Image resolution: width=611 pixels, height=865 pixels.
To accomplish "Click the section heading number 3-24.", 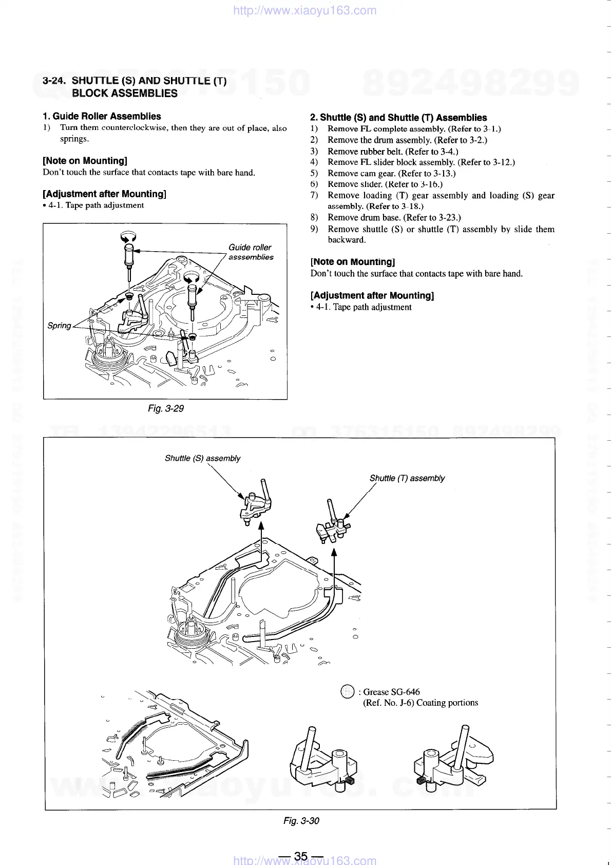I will (x=55, y=81).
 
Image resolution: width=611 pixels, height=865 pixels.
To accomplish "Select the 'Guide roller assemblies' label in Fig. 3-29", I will (x=251, y=252).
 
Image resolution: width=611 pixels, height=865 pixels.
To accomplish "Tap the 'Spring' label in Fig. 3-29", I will (x=59, y=326).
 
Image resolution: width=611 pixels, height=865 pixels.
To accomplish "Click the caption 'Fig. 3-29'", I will (x=165, y=408).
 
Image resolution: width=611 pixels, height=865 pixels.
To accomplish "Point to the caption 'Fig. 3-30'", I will (x=301, y=820).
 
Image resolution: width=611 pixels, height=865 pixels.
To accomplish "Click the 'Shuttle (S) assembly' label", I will (x=202, y=458).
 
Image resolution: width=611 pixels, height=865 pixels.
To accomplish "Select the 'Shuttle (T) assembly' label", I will (x=407, y=478).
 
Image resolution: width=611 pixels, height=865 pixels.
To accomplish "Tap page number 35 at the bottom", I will (x=301, y=856).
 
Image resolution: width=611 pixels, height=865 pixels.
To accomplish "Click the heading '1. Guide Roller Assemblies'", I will (x=102, y=116).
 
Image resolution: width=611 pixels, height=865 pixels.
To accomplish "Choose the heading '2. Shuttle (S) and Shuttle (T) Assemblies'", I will (x=398, y=118).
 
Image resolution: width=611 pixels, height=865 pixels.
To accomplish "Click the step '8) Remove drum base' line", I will (x=394, y=217).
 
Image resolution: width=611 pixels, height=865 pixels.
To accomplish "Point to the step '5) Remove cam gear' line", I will (x=391, y=173).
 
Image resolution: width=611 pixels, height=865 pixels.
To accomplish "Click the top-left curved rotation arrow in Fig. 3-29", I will (x=128, y=236).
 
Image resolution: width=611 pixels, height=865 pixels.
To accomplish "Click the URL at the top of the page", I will (x=304, y=10).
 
